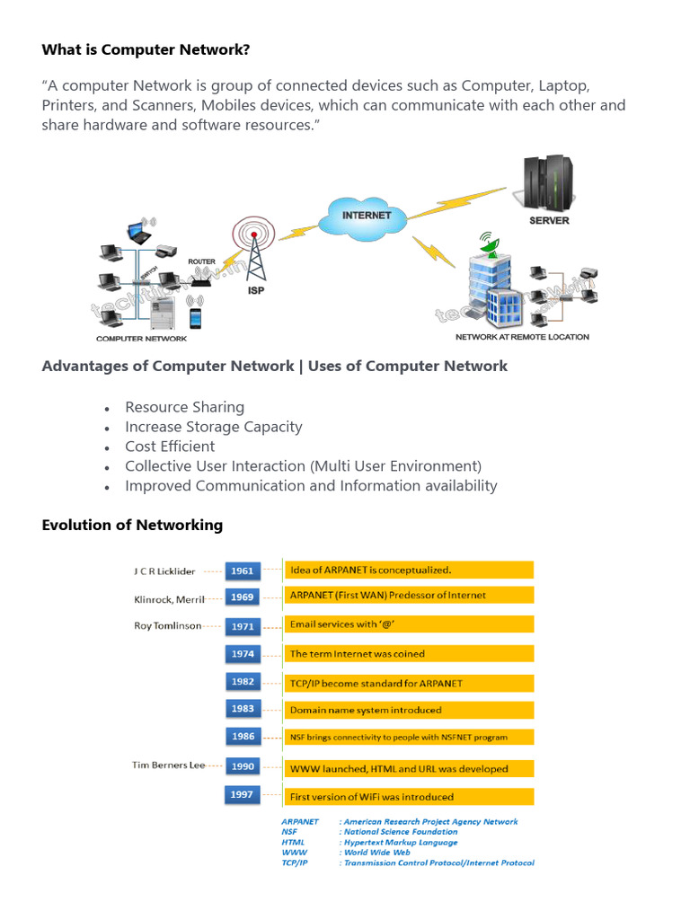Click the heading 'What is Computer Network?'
click(x=146, y=50)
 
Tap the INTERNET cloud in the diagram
click(x=367, y=216)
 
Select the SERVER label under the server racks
click(x=548, y=220)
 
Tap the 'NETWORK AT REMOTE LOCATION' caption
click(x=522, y=337)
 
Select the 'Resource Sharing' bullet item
click(x=184, y=407)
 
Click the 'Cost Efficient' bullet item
click(x=170, y=447)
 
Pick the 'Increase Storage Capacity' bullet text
click(x=213, y=427)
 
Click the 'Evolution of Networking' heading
click(x=132, y=525)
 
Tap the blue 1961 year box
click(x=243, y=571)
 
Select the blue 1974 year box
click(x=243, y=654)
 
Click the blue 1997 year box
click(x=243, y=795)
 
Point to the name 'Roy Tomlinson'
click(x=167, y=626)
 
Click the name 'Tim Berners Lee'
click(x=169, y=765)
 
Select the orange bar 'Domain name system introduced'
click(x=409, y=710)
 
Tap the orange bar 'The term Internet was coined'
click(x=409, y=654)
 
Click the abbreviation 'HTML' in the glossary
click(x=294, y=843)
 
